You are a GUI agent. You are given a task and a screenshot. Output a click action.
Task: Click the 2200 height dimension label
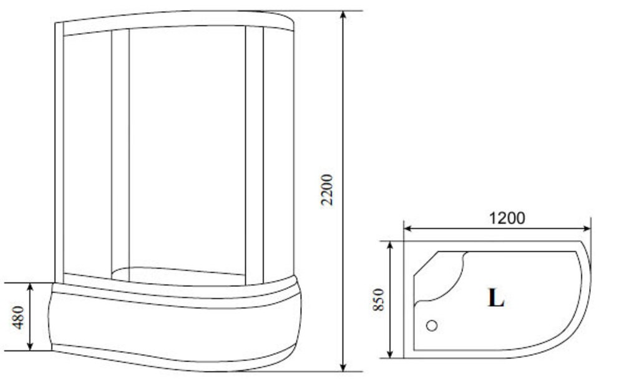pos(327,190)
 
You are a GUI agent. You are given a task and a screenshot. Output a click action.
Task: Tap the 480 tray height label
pos(18,317)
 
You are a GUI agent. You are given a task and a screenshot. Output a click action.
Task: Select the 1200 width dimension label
pos(507,218)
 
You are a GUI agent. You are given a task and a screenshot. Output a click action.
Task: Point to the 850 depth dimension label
pos(379,299)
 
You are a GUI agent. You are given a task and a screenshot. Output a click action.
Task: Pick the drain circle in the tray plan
pos(432,325)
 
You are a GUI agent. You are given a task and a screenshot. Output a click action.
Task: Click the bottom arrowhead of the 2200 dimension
pos(343,367)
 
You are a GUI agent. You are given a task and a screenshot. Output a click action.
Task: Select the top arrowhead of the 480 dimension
pos(30,287)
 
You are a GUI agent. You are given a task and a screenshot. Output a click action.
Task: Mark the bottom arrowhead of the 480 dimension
pos(30,346)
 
